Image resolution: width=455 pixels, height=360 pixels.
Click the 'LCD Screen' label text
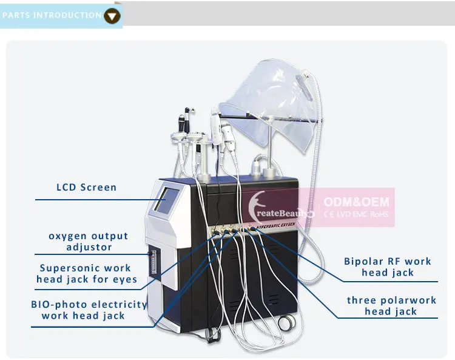click(x=86, y=187)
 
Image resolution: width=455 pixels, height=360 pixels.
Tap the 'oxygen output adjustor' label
click(x=89, y=242)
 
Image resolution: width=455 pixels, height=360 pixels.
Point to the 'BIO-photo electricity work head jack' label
click(x=89, y=310)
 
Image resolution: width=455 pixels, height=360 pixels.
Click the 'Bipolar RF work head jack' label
click(x=387, y=267)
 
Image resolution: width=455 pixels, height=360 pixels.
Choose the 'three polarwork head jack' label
click(x=391, y=306)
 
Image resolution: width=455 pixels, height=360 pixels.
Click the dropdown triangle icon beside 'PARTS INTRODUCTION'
click(x=112, y=15)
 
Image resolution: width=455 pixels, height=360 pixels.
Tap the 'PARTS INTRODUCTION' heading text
click(x=52, y=15)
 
